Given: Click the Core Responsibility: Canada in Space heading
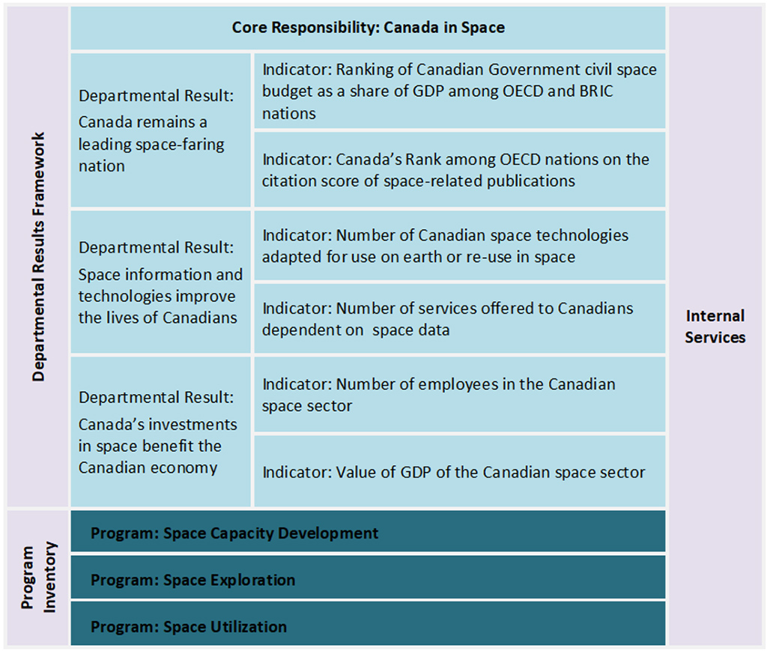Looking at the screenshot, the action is pyautogui.click(x=368, y=28).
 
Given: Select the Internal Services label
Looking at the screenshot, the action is pyautogui.click(x=715, y=327).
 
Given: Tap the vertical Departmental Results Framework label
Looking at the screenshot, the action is pyautogui.click(x=39, y=257).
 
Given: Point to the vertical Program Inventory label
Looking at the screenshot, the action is pyautogui.click(x=39, y=578).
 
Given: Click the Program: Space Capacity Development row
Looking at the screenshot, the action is pyautogui.click(x=234, y=533).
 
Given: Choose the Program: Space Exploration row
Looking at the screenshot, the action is pyautogui.click(x=193, y=580).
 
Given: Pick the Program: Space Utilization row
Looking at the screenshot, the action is pyautogui.click(x=189, y=626).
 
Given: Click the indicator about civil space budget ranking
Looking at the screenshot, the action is pyautogui.click(x=459, y=91).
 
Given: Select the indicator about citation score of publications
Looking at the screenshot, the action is pyautogui.click(x=455, y=170).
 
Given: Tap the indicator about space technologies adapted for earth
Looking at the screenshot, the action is pyautogui.click(x=446, y=246).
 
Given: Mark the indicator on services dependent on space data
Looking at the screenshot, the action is pyautogui.click(x=447, y=318).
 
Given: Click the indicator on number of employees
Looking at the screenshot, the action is pyautogui.click(x=438, y=394).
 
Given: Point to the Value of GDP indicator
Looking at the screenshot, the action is pyautogui.click(x=453, y=472).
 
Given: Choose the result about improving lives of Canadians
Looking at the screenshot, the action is pyautogui.click(x=160, y=282).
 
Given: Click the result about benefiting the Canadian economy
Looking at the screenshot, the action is pyautogui.click(x=157, y=432).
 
